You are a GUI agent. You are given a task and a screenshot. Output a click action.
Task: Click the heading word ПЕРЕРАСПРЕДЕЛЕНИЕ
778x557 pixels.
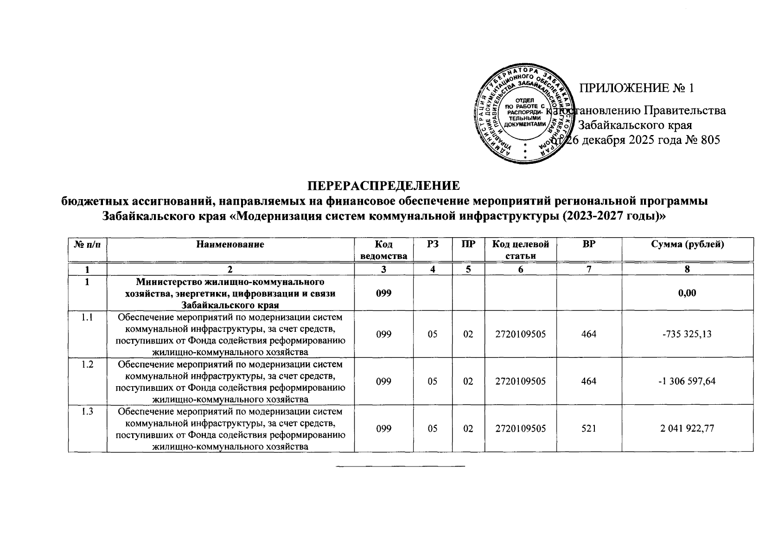click(384, 186)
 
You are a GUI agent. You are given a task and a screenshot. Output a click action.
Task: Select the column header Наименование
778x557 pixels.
click(230, 244)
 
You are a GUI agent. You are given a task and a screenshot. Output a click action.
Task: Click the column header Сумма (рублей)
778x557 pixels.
click(687, 244)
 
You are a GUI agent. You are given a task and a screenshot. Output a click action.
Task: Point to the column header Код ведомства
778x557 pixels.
click(384, 250)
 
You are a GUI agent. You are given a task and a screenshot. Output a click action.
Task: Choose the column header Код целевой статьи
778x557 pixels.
click(520, 250)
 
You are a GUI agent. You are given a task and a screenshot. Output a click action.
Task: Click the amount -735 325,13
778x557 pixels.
click(687, 334)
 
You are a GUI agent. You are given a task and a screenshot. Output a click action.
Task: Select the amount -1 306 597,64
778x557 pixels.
click(687, 381)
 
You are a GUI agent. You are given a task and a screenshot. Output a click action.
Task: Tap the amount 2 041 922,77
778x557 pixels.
click(687, 428)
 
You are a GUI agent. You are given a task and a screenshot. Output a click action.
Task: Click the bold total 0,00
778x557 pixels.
click(687, 293)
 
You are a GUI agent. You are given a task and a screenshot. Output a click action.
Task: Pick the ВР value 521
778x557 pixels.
click(588, 428)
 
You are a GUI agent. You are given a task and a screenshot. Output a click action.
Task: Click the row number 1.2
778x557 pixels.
click(87, 365)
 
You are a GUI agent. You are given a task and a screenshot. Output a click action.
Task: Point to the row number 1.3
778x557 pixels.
click(87, 412)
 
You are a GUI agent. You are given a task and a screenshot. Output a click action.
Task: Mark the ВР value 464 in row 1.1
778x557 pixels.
click(588, 334)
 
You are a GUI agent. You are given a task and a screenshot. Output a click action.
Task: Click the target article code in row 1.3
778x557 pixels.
click(520, 428)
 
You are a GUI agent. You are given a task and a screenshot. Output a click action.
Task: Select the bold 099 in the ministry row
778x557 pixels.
click(384, 293)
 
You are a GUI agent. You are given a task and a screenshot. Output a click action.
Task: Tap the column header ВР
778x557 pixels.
click(588, 244)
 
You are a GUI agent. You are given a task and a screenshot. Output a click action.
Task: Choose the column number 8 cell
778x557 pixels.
click(687, 269)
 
